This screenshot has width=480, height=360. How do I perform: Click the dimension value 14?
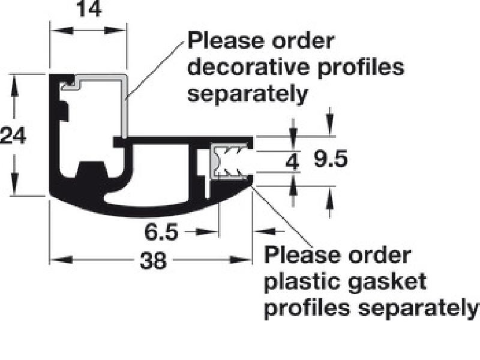(88, 11)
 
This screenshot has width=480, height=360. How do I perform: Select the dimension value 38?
(152, 261)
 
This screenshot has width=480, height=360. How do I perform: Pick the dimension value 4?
(293, 161)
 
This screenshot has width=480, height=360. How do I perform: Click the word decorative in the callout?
(248, 67)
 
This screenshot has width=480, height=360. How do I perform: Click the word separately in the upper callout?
(248, 93)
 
